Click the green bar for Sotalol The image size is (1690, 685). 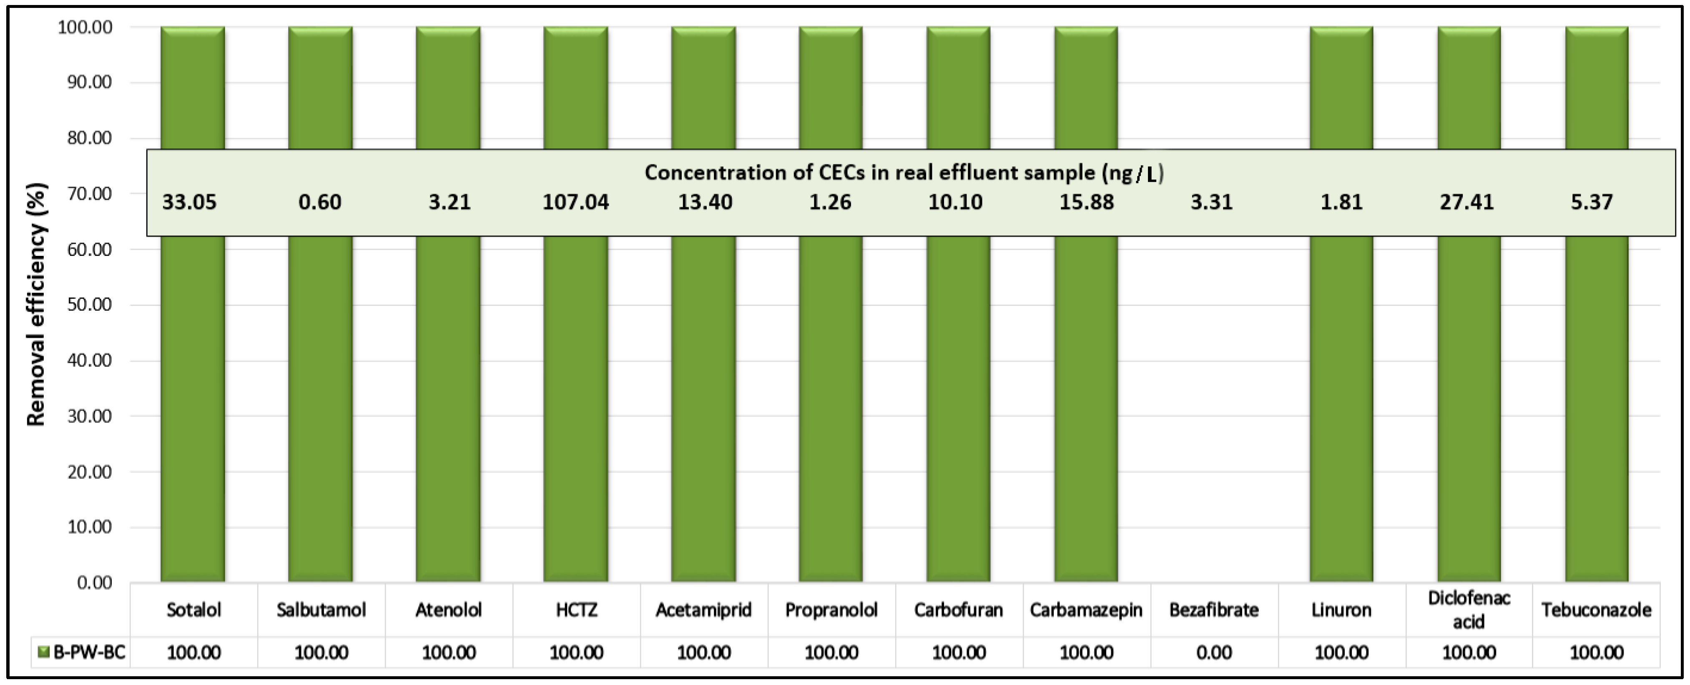point(193,406)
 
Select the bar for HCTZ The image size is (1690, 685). point(575,406)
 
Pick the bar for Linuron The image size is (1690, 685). point(1341,406)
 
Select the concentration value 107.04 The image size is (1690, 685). point(575,202)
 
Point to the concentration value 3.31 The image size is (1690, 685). point(1211,202)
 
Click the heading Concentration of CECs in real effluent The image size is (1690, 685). point(904,172)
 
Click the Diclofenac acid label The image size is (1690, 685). point(1468,610)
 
